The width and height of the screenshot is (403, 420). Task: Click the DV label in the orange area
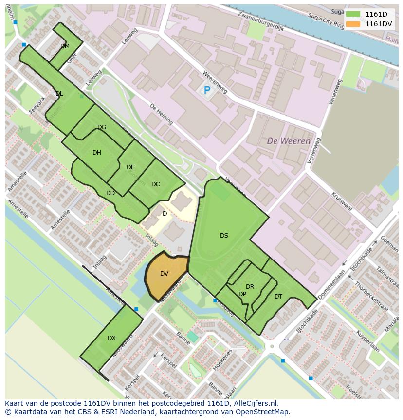164,274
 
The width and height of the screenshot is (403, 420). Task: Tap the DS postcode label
224,236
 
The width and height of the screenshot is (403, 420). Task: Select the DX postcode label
112,338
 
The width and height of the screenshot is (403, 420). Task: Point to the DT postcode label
278,297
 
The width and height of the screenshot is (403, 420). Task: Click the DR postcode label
250,287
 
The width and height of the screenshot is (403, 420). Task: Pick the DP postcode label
242,294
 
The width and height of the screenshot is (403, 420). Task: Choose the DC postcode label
156,184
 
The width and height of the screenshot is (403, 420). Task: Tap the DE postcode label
130,167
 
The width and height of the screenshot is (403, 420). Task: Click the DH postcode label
97,153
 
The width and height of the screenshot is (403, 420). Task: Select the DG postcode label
102,127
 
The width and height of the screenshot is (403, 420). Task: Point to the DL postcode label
59,94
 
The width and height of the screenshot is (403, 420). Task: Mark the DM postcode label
65,46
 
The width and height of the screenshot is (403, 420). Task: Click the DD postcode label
110,193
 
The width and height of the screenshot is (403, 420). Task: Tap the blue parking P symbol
207,90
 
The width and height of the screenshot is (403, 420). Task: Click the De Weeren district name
289,141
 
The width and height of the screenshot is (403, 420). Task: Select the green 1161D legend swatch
353,15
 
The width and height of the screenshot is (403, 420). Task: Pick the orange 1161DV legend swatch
353,24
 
